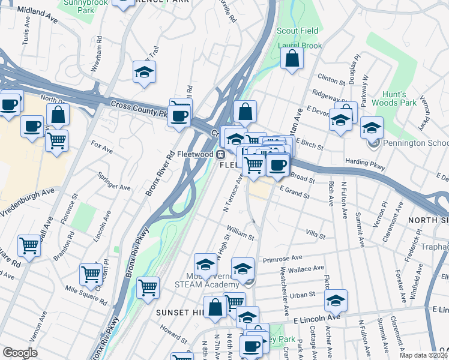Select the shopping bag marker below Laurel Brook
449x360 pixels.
pyautogui.click(x=292, y=59)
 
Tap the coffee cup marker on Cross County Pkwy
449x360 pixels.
pyautogui.click(x=180, y=114)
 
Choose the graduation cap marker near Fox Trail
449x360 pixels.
pyautogui.click(x=144, y=73)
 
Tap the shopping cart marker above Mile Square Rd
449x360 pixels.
pyautogui.click(x=91, y=274)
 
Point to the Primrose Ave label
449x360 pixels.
pyautogui.click(x=282, y=258)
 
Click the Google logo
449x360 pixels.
pyautogui.click(x=20, y=353)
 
